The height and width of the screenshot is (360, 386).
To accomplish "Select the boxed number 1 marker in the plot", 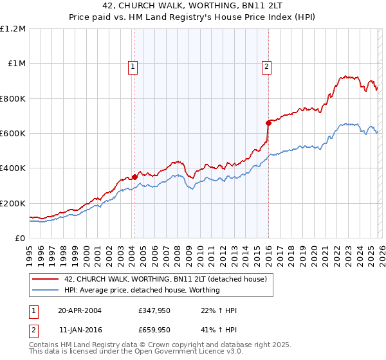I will pos(132,65).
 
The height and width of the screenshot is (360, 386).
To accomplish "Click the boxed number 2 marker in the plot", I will pos(266,65).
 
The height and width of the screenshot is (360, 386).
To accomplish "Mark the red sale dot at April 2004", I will pos(135,177).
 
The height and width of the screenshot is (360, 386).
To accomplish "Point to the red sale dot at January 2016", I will pos(268,122).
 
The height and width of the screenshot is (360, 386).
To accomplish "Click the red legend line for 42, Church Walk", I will pos(46,279).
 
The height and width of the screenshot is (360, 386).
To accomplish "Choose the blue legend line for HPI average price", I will pos(46,290).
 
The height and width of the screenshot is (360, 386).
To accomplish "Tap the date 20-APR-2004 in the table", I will pos(80,310).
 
